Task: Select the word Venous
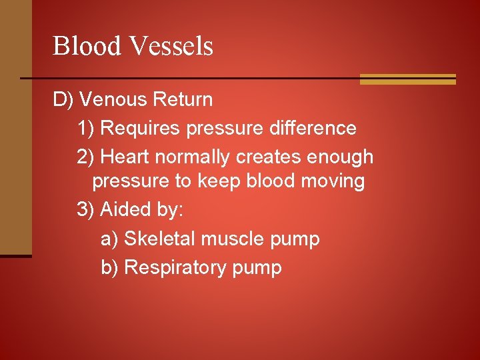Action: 114,100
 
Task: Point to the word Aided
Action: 123,209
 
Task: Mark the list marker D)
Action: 63,100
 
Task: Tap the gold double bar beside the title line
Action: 407,79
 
